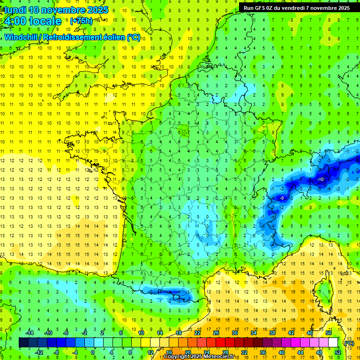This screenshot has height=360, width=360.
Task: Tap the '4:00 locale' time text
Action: click(31, 21)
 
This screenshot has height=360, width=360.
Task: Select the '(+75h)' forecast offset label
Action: click(81, 21)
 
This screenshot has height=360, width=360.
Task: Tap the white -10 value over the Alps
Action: click(321, 180)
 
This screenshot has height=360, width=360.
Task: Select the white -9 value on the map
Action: click(281, 198)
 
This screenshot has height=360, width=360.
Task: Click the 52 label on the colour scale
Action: click(338, 352)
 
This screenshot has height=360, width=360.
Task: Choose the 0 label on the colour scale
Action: click(93, 352)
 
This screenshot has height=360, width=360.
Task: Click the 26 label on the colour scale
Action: click(216, 333)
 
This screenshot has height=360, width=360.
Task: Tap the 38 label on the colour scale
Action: click(272, 333)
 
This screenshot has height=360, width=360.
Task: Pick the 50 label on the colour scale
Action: click(329, 333)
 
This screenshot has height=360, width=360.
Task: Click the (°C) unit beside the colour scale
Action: click(349, 343)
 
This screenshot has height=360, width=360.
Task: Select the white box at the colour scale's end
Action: click(333, 343)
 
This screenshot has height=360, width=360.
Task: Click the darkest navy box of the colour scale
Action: click(23, 343)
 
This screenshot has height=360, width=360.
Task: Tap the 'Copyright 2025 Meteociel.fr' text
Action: click(199, 357)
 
